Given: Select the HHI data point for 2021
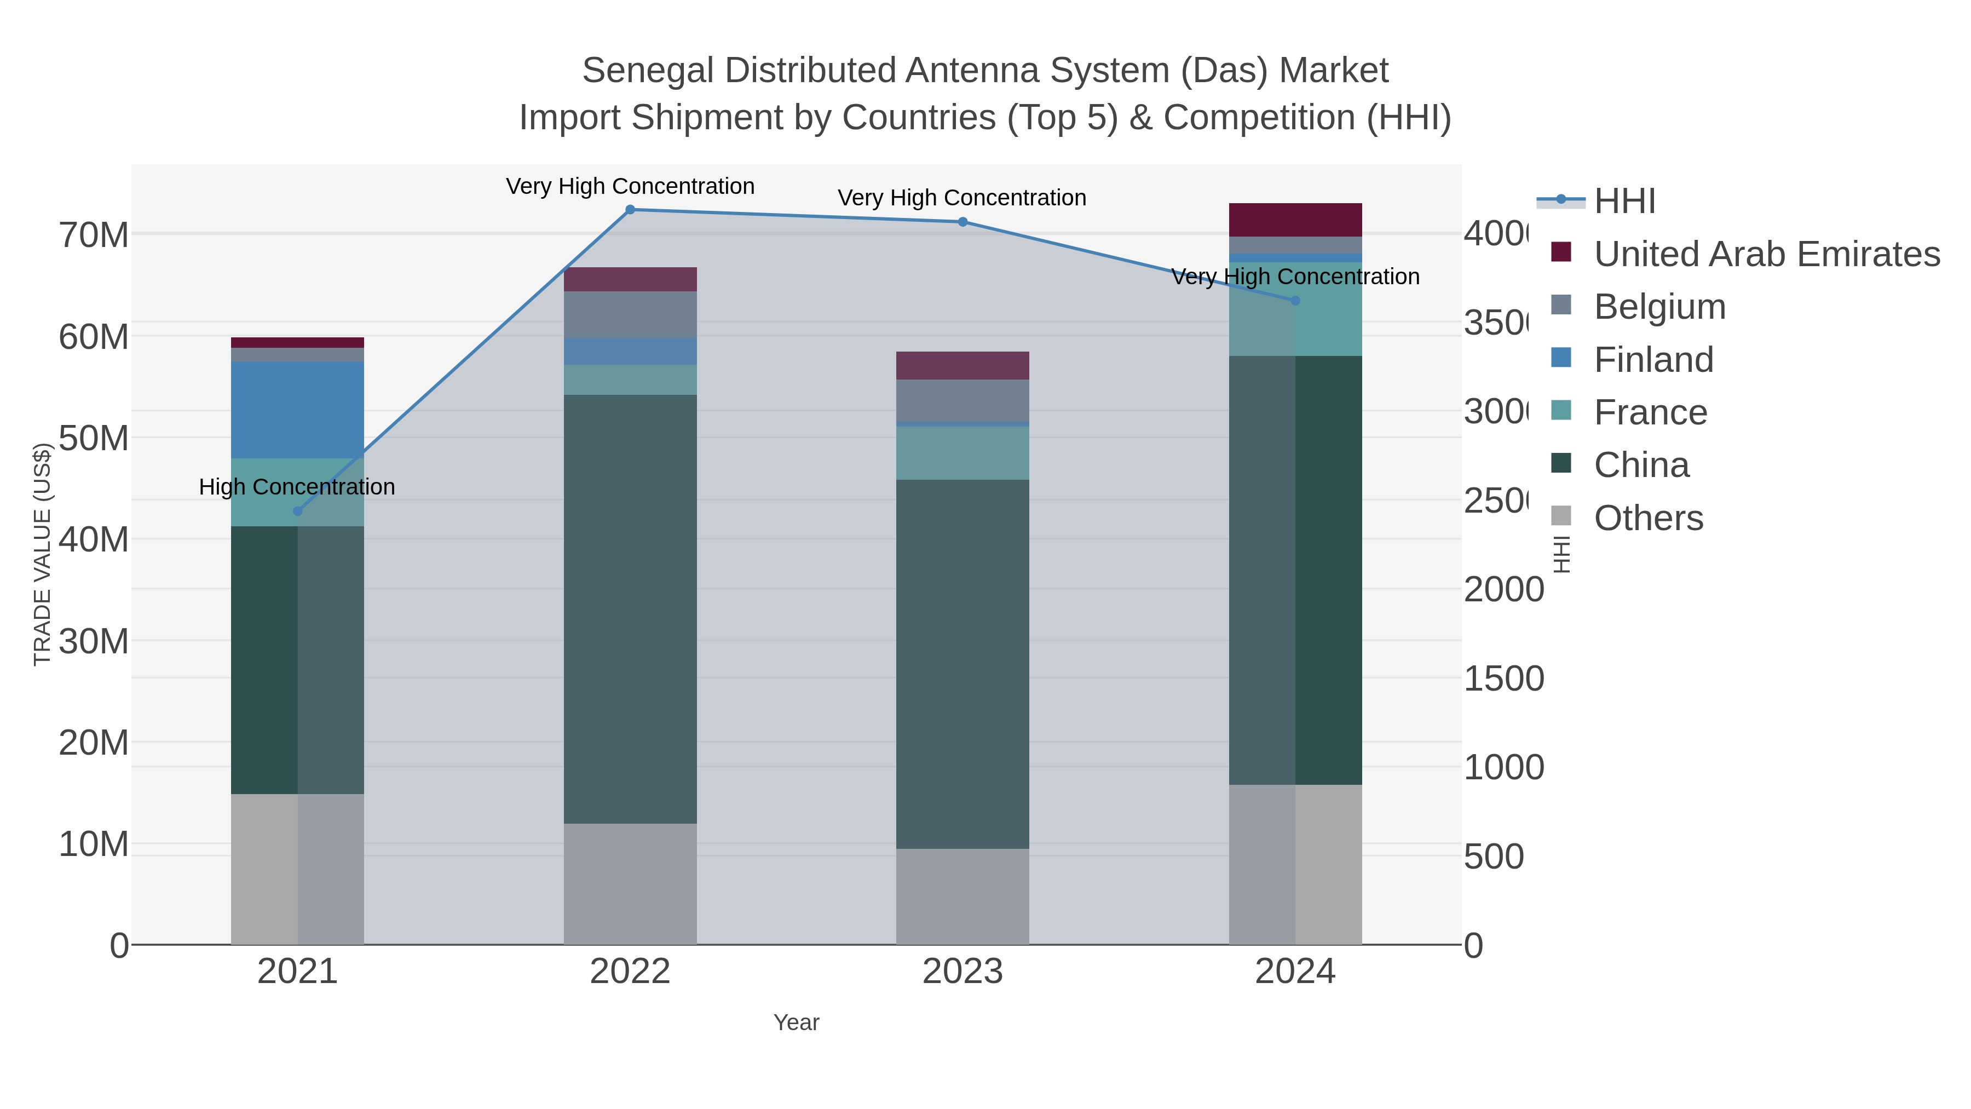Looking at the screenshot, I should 298,512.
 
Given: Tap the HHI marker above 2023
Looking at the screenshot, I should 963,222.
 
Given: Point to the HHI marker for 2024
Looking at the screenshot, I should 1295,301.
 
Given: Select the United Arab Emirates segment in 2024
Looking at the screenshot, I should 1295,220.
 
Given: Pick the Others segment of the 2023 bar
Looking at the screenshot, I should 963,895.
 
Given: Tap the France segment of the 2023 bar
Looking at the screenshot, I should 963,453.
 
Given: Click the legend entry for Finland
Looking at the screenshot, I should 1653,360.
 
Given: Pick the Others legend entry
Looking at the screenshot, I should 1648,518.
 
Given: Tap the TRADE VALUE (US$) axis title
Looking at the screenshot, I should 42,554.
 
